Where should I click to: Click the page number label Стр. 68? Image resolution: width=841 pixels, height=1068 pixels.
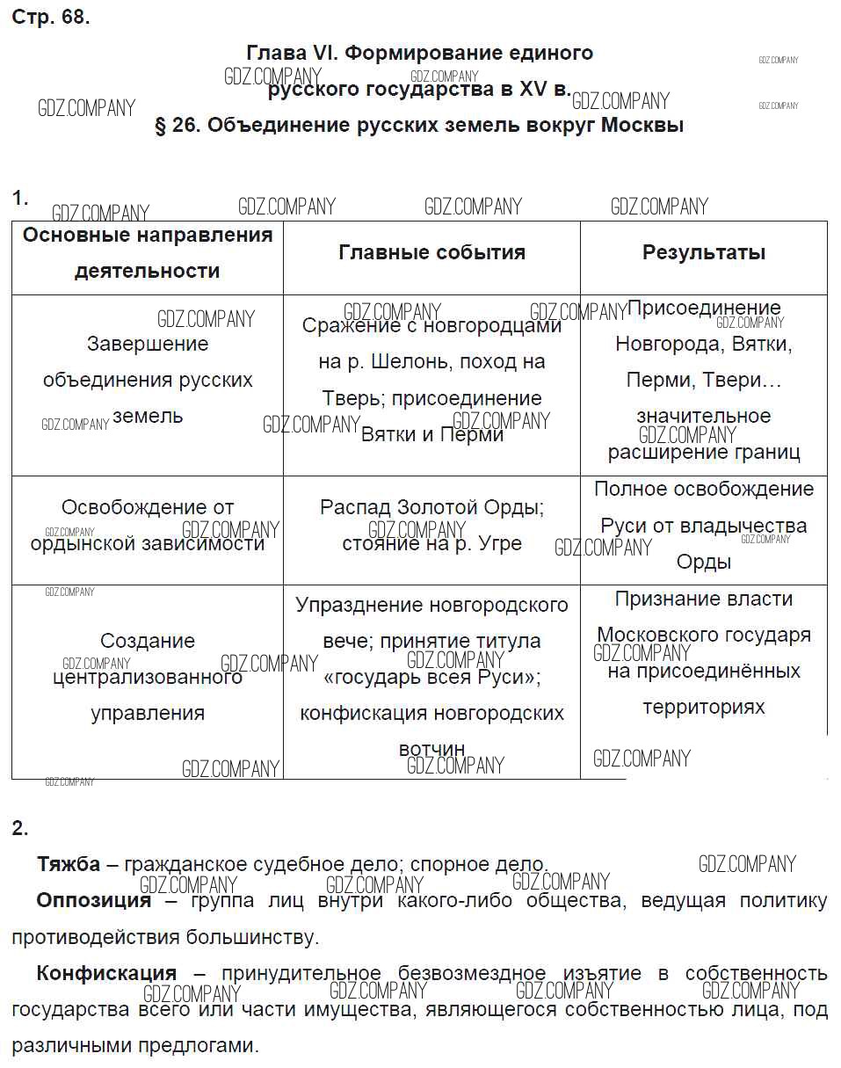(50, 17)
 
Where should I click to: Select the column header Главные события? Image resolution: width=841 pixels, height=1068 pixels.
(431, 253)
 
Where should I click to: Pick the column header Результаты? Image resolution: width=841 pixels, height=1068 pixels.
(703, 253)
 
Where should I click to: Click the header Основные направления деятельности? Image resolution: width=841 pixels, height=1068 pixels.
(148, 253)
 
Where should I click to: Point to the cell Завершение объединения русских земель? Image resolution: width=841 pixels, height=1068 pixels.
(148, 380)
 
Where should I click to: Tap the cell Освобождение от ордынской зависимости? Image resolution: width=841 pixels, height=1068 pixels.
(148, 526)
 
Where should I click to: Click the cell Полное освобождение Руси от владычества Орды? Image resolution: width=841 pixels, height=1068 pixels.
(703, 526)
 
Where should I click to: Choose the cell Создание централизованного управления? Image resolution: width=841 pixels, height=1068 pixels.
(148, 677)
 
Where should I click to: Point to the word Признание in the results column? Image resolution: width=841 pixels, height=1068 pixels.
(659, 599)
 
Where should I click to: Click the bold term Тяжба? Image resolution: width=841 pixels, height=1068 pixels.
(69, 864)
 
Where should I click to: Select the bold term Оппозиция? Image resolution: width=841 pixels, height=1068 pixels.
(93, 901)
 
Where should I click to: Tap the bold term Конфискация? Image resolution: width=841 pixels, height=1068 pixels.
(106, 974)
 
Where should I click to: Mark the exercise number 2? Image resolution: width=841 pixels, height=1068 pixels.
(19, 828)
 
